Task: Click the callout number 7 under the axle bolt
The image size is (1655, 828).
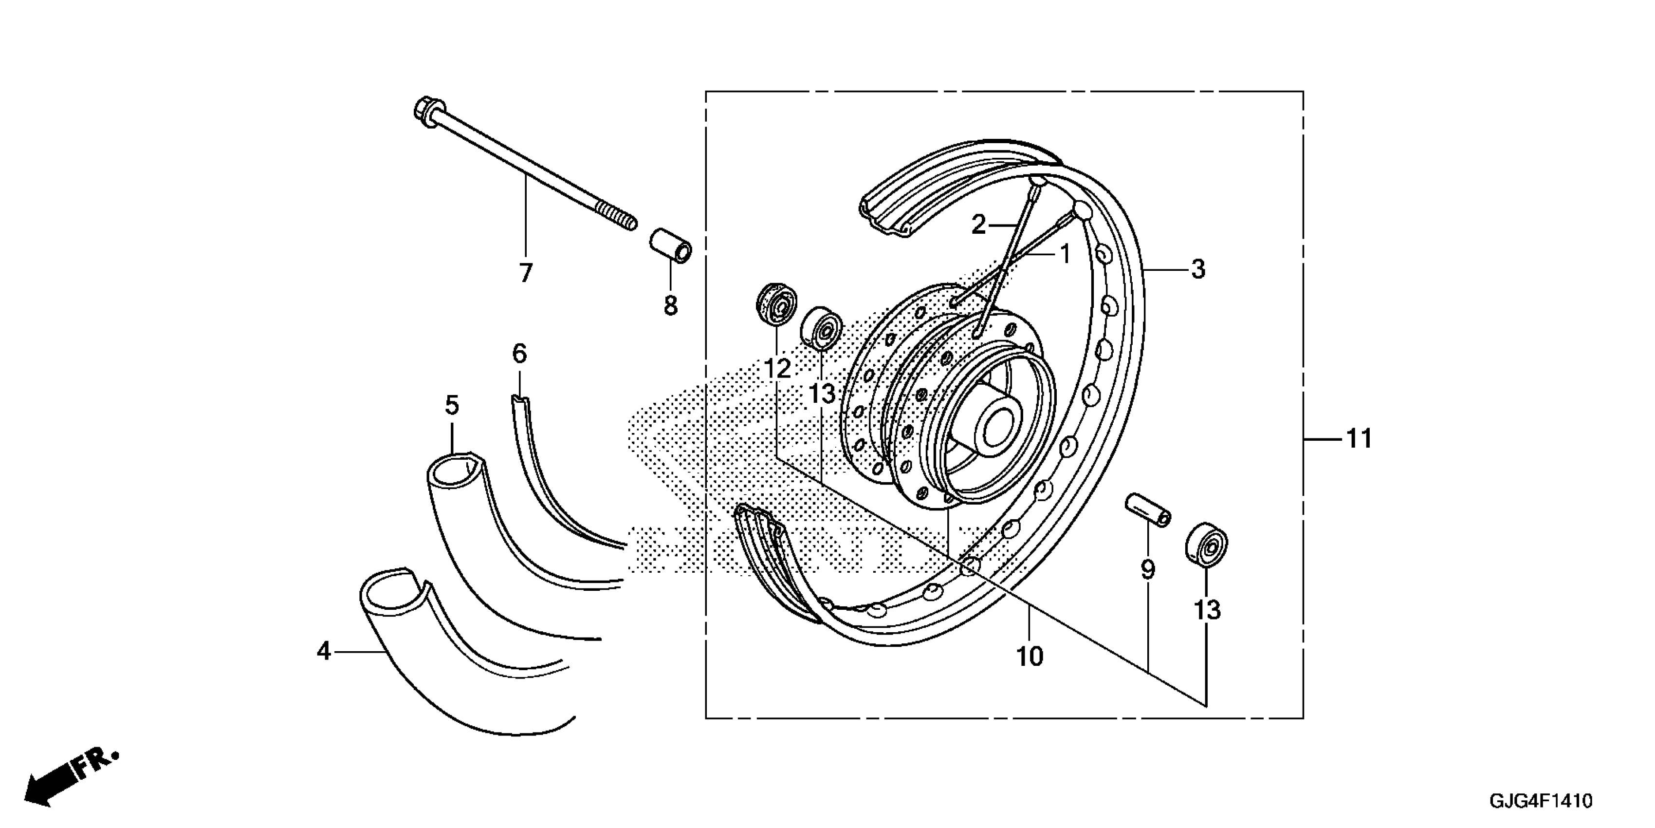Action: pyautogui.click(x=526, y=274)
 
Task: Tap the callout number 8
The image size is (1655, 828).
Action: pyautogui.click(x=671, y=306)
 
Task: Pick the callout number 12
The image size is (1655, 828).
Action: pyautogui.click(x=777, y=369)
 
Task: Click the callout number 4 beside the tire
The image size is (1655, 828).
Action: pyautogui.click(x=324, y=651)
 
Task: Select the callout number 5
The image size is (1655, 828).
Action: pyautogui.click(x=452, y=406)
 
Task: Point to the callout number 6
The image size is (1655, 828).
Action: pyautogui.click(x=519, y=354)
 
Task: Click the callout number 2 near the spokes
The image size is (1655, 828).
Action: pyautogui.click(x=978, y=225)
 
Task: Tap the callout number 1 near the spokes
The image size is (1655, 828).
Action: pyautogui.click(x=1065, y=255)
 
